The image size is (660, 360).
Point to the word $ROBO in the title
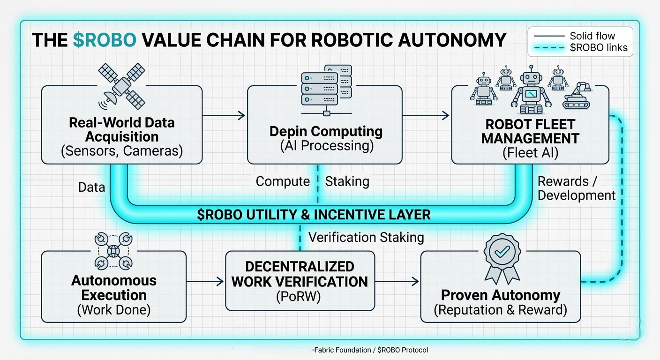[105, 40]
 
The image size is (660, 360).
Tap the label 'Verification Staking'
[366, 238]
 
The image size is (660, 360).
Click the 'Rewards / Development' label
[576, 188]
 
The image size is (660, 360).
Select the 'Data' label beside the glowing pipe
[91, 187]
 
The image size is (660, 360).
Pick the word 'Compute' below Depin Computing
[283, 181]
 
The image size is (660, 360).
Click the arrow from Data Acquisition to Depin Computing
[225, 115]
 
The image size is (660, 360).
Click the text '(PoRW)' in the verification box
[300, 297]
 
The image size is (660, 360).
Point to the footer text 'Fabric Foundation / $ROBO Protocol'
[371, 350]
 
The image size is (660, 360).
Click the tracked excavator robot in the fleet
[579, 97]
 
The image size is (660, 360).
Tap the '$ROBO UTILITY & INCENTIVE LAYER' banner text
[314, 215]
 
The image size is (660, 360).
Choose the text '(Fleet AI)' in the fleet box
[530, 153]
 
